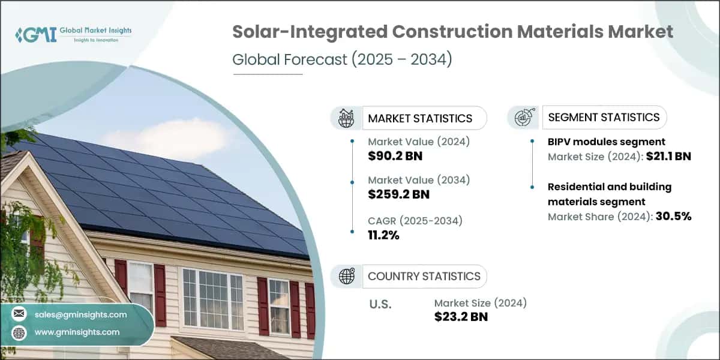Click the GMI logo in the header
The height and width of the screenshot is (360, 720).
coord(73,34)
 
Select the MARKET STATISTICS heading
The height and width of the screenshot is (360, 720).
coord(420,118)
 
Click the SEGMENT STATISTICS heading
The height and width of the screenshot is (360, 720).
coord(603,117)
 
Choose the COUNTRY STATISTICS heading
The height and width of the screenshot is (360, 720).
coord(424,276)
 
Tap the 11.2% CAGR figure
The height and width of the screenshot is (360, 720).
coord(383,235)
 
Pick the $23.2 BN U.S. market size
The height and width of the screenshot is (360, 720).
coord(461,317)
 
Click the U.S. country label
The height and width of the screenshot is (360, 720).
coord(380,304)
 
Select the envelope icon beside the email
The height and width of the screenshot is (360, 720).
coord(19,314)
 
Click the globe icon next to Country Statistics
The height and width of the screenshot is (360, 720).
coord(346,276)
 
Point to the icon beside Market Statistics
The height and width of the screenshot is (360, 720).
coord(346,118)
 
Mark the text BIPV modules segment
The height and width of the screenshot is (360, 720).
coord(606,142)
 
